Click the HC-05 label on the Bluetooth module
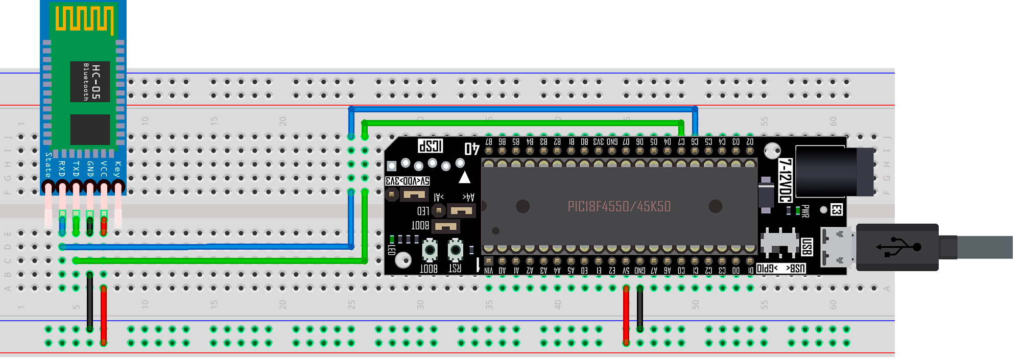tap(96, 82)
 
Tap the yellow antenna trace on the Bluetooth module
tap(84, 19)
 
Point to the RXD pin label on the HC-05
tap(62, 169)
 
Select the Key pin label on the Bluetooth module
tap(117, 169)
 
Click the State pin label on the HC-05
tap(48, 165)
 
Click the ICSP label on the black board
tap(431, 146)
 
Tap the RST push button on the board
tap(455, 250)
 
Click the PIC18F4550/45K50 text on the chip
tap(619, 206)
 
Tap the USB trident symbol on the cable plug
tap(898, 247)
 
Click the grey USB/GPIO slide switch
tap(779, 243)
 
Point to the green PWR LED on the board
tap(798, 210)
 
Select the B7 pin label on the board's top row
tap(489, 141)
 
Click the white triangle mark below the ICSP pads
tap(464, 178)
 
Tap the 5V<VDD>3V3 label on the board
tap(407, 181)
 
